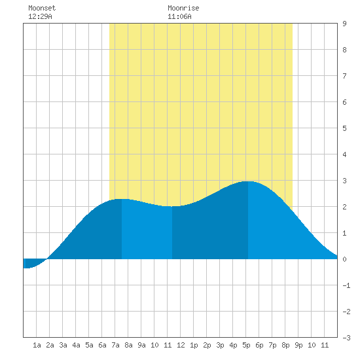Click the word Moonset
tap(42, 8)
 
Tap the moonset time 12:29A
tap(40, 16)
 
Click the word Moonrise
tap(183, 8)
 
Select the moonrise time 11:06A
tap(179, 16)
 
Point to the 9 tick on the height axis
tap(344, 24)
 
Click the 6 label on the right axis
tap(344, 102)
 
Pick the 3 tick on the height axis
tap(344, 181)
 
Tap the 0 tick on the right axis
tap(344, 259)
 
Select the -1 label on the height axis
tap(346, 285)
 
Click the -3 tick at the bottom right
tap(346, 338)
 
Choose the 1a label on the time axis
tap(37, 345)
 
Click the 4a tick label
tap(76, 345)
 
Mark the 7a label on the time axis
tap(115, 345)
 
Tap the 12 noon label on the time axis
tap(181, 345)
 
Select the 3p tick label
tap(220, 345)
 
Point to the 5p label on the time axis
tap(246, 345)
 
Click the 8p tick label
tap(285, 345)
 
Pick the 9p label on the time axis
tap(298, 345)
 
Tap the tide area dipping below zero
tap(32, 263)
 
